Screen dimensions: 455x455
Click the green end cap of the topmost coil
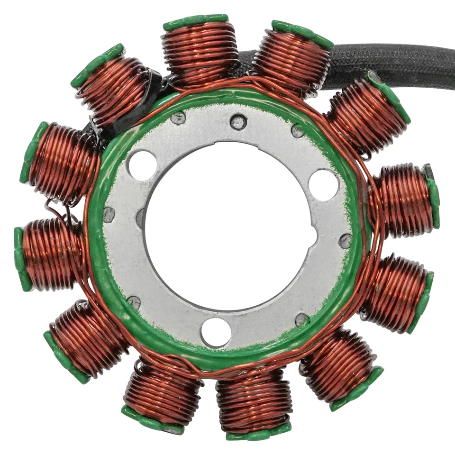tap(196, 22)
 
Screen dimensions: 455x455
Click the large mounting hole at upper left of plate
tap(142, 165)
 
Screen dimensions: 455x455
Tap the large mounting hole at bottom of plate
tap(216, 332)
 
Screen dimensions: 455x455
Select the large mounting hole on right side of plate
tap(323, 184)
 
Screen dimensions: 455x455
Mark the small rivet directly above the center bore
tap(238, 122)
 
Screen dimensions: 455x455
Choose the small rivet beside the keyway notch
tap(346, 241)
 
